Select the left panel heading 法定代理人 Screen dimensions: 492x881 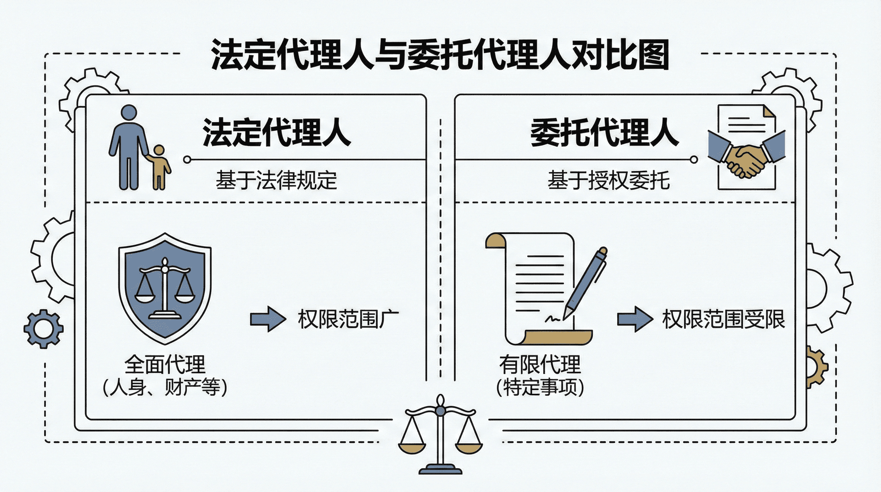point(277,133)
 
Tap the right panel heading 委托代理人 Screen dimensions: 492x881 point(604,133)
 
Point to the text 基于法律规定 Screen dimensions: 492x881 point(276,180)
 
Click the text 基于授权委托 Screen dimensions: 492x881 point(608,180)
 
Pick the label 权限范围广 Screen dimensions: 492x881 point(348,319)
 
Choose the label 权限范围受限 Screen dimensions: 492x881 point(724,319)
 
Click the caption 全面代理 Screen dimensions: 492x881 point(165,365)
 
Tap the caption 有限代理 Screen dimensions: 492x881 point(540,365)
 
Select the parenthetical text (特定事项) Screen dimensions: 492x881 point(540,387)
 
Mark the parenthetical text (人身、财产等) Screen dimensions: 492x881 point(165,387)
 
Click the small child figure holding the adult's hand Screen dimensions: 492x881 point(159,168)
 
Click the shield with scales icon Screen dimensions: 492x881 point(165,288)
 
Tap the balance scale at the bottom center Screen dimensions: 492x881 point(440,434)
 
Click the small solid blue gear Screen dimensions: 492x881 point(44,329)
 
